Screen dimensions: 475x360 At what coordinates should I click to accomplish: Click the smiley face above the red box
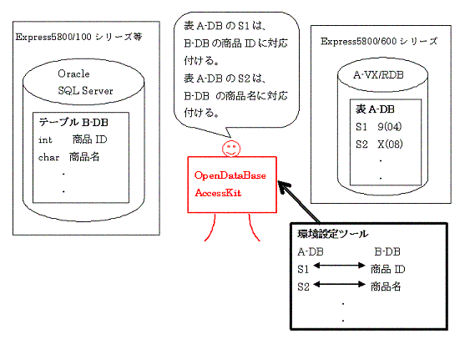231,149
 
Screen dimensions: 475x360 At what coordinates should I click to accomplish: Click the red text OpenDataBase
230,175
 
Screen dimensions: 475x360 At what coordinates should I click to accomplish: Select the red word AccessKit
218,193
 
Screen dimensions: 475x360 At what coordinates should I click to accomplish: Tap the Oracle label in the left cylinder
73,74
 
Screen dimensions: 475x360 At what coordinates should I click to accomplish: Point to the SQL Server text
85,90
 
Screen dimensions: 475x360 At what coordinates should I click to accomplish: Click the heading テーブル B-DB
73,122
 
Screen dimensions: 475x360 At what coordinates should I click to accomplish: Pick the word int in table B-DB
45,139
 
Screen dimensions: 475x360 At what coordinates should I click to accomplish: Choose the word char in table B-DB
48,157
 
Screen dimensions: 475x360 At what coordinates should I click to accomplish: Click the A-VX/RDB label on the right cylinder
378,75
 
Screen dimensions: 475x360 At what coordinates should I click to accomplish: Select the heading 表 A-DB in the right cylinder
375,109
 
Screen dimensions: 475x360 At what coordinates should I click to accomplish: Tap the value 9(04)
390,127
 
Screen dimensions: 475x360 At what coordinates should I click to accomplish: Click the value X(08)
390,145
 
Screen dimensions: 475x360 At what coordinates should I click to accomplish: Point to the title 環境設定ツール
332,234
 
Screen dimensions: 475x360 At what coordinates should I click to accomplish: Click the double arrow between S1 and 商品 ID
339,266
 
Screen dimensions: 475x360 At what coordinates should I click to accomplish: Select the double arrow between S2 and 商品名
339,284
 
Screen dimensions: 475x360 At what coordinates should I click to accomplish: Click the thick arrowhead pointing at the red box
284,186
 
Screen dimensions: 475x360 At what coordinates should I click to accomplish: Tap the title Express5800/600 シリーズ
379,41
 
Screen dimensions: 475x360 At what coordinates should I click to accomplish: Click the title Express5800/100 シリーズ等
78,37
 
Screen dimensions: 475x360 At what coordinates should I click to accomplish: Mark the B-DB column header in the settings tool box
387,251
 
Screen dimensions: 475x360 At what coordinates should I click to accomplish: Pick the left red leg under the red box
212,229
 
